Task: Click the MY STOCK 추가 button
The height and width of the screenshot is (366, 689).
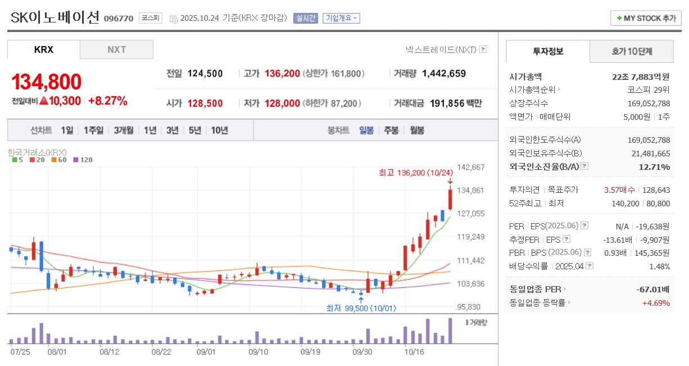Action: click(x=646, y=18)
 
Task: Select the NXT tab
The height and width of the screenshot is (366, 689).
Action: click(x=117, y=49)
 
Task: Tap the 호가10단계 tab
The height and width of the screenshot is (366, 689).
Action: click(x=632, y=52)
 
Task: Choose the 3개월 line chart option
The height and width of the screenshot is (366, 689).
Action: click(x=124, y=130)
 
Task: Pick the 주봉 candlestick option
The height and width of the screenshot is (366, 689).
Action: click(x=391, y=130)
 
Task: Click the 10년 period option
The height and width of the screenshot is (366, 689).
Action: click(x=220, y=130)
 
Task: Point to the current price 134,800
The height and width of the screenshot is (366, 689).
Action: click(x=47, y=82)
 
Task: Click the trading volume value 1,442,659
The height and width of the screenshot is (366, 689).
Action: click(x=443, y=74)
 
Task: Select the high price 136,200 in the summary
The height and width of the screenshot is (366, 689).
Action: click(x=282, y=74)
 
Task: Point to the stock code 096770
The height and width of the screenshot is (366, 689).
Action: click(x=119, y=19)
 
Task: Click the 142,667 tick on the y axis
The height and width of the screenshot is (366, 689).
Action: click(x=470, y=167)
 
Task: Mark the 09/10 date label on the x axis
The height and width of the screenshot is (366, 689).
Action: click(x=258, y=352)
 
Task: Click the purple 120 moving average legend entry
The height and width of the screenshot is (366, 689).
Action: click(x=83, y=160)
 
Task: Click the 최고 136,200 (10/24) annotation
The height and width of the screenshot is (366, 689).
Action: click(x=415, y=173)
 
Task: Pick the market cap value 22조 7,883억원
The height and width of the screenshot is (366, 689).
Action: click(x=641, y=77)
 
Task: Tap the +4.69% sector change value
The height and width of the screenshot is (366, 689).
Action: click(x=656, y=303)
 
